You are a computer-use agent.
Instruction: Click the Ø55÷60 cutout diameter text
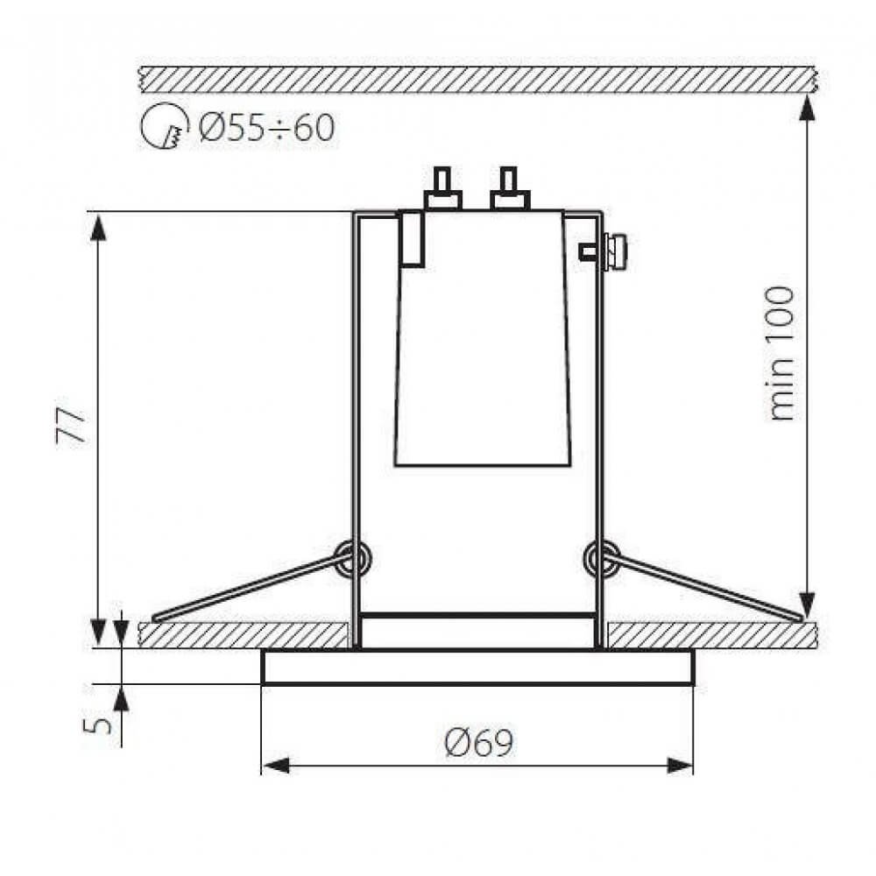266,127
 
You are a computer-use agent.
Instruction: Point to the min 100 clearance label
781,354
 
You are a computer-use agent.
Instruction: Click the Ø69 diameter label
478,743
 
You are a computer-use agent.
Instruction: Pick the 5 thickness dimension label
97,725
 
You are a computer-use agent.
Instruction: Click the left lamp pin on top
442,188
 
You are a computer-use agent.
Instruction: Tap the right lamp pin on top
510,188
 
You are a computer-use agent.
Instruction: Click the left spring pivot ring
352,559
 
